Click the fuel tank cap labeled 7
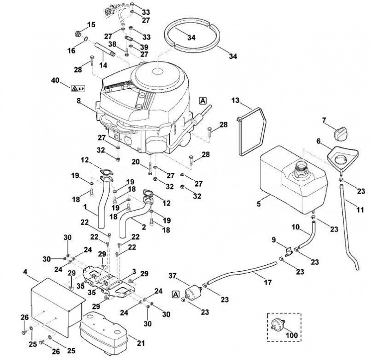340,134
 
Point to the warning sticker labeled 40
77,88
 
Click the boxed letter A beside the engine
203,101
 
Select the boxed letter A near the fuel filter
176,294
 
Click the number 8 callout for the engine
79,101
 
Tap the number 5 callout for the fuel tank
259,203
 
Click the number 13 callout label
235,100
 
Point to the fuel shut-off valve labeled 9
288,251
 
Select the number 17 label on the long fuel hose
268,282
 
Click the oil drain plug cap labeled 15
77,34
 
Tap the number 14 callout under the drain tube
103,65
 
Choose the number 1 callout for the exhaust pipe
86,207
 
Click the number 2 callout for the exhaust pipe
144,227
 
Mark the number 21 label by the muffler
141,343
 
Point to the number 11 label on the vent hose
360,209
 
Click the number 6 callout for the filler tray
319,141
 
